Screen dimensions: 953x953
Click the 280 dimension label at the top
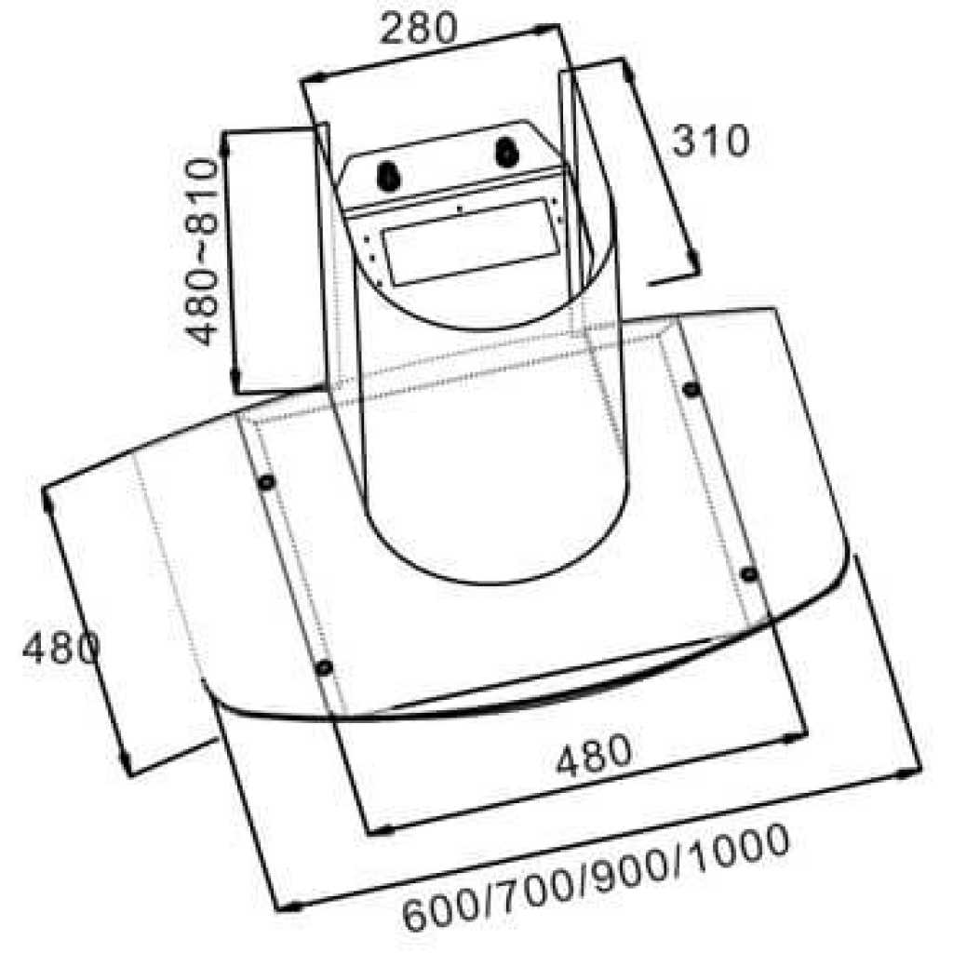(x=417, y=29)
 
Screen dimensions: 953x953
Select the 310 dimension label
(x=710, y=141)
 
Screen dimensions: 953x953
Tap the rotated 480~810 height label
(x=202, y=251)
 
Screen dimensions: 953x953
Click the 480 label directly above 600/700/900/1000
(x=593, y=755)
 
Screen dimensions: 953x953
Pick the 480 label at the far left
(x=60, y=648)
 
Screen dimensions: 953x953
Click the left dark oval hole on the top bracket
(x=387, y=176)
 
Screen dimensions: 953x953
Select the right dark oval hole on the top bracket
(x=507, y=152)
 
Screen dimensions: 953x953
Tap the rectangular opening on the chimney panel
(x=473, y=242)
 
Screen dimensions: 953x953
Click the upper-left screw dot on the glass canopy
(x=266, y=483)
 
